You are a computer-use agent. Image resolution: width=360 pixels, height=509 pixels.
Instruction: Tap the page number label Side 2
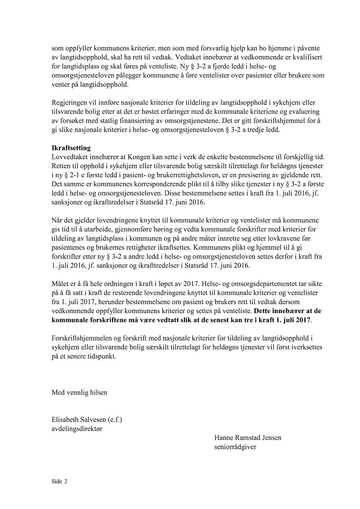[59, 482]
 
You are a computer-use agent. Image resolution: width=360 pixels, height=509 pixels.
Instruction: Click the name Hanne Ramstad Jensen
[248, 438]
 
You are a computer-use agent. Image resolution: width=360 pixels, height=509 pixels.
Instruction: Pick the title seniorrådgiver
[235, 447]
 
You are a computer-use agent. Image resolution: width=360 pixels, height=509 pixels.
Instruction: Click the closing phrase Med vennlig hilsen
[79, 392]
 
